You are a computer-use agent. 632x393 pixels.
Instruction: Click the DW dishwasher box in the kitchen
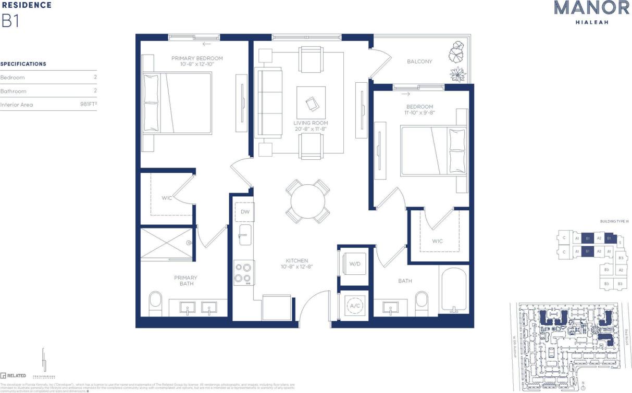tap(244, 212)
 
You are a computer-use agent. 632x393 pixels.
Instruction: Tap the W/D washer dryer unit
tap(354, 264)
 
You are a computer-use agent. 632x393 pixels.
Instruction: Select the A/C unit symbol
tap(354, 306)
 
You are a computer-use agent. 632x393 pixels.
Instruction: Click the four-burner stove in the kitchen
tap(244, 273)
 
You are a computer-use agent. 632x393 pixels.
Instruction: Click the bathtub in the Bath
tap(455, 290)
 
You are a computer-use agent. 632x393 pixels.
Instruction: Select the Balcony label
tap(419, 61)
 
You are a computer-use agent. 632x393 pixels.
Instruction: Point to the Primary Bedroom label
tap(197, 58)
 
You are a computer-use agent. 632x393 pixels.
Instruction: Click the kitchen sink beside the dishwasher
tap(244, 235)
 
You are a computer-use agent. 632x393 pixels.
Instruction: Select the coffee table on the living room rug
tap(311, 103)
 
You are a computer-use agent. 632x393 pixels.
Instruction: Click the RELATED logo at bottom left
tap(14, 375)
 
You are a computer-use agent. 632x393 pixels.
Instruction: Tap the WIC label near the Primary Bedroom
tap(167, 198)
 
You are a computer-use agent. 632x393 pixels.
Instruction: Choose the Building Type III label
tap(614, 222)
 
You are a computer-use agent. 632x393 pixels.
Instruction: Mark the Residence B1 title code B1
tap(10, 21)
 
